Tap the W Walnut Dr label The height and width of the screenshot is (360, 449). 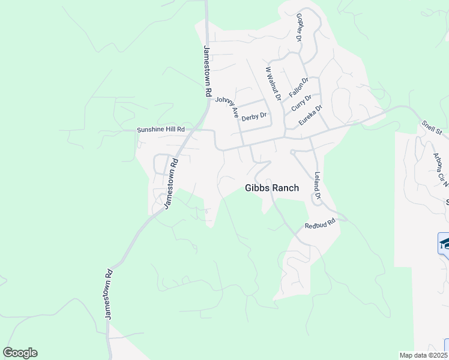(273, 83)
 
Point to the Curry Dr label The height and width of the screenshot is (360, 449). (301, 103)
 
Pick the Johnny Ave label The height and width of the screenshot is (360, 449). (228, 106)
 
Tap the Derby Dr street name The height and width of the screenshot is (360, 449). (253, 117)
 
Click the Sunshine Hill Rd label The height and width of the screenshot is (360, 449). (160, 129)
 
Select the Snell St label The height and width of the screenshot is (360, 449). (431, 129)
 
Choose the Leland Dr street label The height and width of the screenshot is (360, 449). (317, 186)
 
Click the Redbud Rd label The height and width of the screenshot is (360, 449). (318, 224)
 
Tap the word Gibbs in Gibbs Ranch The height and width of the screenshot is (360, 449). (258, 188)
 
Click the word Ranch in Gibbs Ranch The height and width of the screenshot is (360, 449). (285, 188)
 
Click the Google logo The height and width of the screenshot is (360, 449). (20, 353)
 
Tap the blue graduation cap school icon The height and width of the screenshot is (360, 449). (444, 243)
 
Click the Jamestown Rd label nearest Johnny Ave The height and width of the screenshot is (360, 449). (208, 72)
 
